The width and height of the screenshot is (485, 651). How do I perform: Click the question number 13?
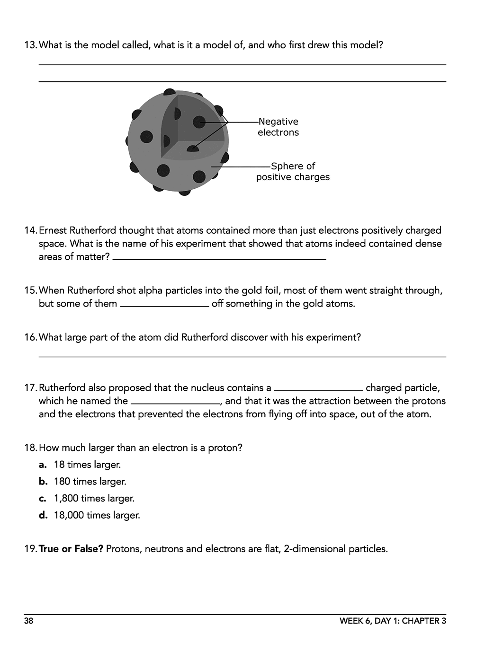point(30,45)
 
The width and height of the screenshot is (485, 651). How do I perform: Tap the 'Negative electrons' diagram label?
point(278,127)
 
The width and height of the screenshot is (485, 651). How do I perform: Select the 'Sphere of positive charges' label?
point(293,172)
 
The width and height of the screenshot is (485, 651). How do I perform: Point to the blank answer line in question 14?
point(219,258)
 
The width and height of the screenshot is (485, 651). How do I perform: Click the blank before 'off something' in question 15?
point(164,305)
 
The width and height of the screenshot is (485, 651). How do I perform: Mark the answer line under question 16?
point(242,356)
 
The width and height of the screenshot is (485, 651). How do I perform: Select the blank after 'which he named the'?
point(175,403)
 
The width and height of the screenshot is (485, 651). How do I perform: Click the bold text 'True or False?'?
point(71,549)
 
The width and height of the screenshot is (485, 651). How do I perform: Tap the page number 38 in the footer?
point(29,621)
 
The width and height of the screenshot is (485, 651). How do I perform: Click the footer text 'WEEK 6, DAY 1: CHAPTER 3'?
point(393,621)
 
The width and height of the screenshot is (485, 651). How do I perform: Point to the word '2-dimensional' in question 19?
point(314,549)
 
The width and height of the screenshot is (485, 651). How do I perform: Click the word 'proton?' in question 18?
point(225,448)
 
